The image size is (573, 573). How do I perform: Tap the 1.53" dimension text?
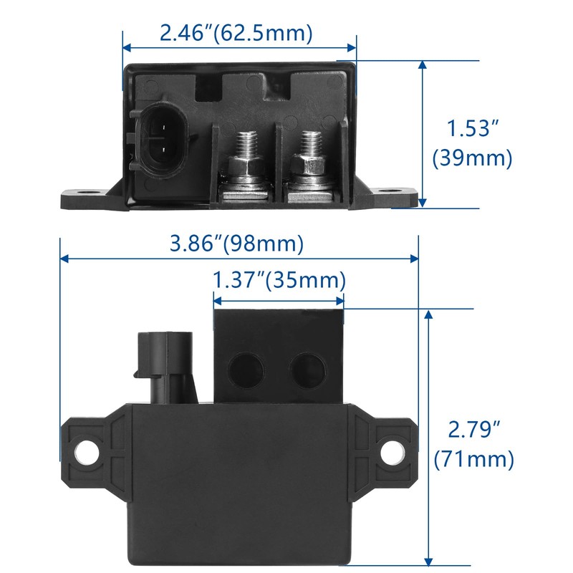point(473,130)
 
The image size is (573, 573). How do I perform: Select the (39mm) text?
point(473,158)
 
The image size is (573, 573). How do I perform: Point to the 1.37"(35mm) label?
point(279,279)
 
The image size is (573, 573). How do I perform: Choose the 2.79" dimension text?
point(473,430)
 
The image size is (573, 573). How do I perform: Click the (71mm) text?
point(473,459)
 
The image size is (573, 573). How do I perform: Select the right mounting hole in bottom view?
point(391,451)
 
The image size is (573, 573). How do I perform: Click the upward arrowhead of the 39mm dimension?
point(423,67)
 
